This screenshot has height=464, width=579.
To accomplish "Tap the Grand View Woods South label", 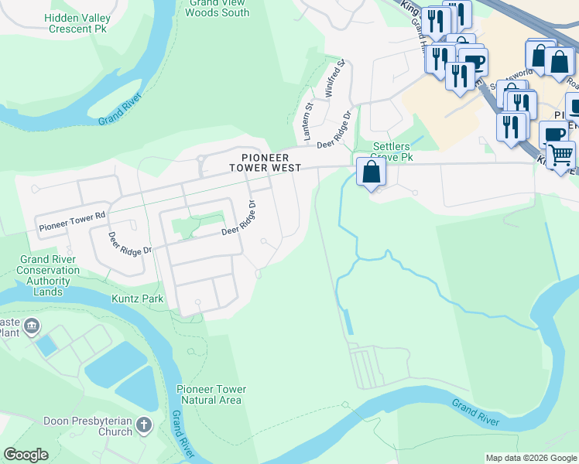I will pyautogui.click(x=218, y=8).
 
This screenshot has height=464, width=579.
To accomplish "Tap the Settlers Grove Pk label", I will pyautogui.click(x=393, y=152).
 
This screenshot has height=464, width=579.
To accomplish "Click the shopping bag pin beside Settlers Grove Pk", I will pyautogui.click(x=372, y=172).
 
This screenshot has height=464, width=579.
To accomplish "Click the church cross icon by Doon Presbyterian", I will pyautogui.click(x=143, y=425).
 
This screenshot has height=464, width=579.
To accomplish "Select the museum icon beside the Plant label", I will pyautogui.click(x=31, y=326).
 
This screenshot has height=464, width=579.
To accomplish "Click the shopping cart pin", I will pyautogui.click(x=560, y=154).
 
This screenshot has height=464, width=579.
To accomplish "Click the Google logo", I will pyautogui.click(x=26, y=455).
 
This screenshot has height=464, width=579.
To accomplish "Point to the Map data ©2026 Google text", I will pyautogui.click(x=530, y=458).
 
